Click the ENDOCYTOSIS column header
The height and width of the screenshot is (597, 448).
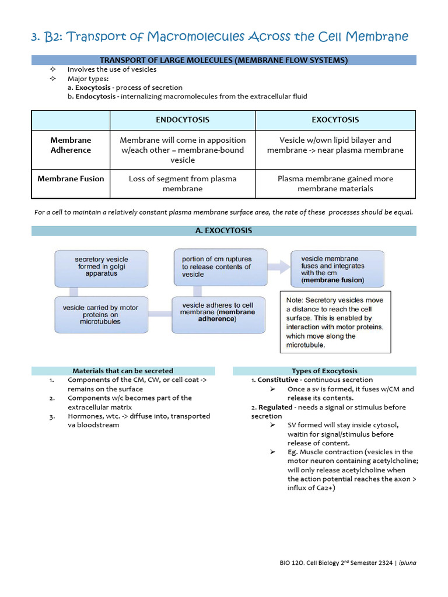[x=183, y=120]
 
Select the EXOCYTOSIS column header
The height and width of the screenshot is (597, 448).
[x=335, y=120]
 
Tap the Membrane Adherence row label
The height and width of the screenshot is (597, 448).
[x=71, y=145]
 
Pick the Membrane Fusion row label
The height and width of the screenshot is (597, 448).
[x=71, y=179]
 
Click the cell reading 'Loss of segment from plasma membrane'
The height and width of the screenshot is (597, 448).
[x=183, y=184]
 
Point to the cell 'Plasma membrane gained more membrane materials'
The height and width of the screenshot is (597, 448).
[x=335, y=184]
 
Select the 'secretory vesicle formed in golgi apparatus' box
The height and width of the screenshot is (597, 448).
[x=101, y=267]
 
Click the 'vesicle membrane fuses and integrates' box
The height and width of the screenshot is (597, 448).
[x=337, y=269]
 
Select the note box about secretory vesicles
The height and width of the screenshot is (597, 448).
[x=335, y=323]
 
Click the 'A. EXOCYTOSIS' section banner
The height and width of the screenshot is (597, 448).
[x=224, y=231]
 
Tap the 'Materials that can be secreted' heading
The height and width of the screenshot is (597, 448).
[x=123, y=371]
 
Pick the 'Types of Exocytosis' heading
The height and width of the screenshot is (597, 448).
[x=324, y=371]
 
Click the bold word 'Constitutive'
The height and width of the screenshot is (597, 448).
[x=278, y=380]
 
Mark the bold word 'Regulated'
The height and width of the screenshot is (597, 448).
[x=276, y=408]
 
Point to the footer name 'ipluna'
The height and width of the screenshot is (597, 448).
[x=408, y=563]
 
